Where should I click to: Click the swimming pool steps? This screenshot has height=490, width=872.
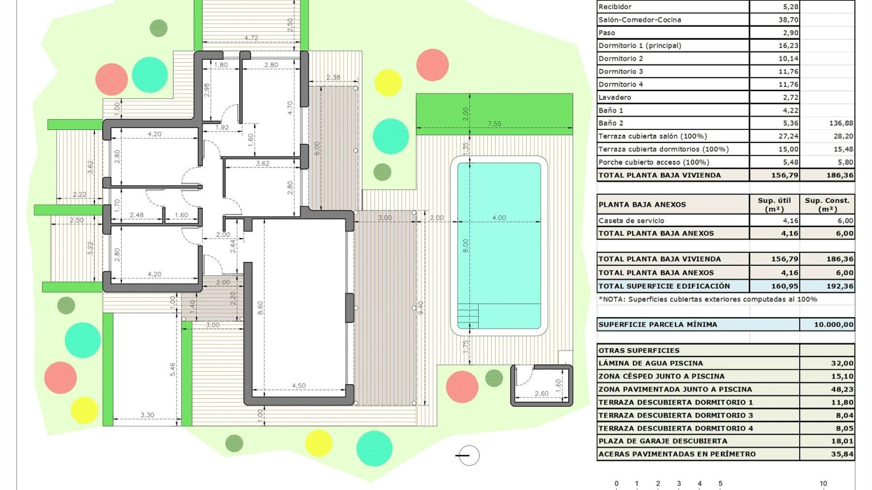point(468,315)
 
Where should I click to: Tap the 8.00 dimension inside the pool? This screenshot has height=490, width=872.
point(465,246)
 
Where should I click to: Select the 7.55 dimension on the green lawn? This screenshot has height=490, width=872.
point(494,123)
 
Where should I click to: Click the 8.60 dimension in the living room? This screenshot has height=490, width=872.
point(260,308)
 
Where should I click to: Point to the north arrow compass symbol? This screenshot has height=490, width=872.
point(468,456)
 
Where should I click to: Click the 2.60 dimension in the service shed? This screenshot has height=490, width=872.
point(541,393)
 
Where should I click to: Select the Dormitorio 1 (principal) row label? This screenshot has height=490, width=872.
point(639,45)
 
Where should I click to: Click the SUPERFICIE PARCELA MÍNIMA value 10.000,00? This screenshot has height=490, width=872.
point(833,324)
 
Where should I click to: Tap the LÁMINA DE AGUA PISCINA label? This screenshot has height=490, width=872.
point(650,363)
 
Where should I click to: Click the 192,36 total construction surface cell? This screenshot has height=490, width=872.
point(840,286)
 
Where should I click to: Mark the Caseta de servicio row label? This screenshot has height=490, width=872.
point(631,220)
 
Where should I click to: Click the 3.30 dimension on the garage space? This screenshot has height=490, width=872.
point(147,415)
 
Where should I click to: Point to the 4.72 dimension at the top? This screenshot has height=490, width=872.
point(251,38)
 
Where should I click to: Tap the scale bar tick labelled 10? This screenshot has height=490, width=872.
point(823,484)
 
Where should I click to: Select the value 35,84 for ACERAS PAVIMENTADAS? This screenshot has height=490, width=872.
point(842,454)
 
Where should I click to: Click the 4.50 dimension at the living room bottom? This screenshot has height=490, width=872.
point(298,386)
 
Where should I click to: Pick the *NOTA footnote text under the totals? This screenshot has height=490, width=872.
point(708,299)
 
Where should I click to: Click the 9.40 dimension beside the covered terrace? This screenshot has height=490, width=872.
point(421,308)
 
